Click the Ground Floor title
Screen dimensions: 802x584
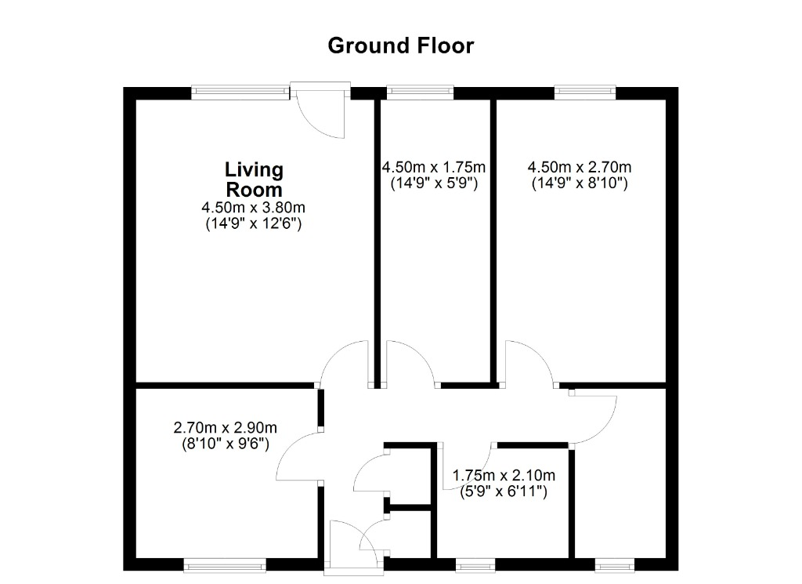pos(400,45)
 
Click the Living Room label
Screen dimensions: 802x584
pos(255,180)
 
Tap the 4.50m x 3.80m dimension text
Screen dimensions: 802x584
pos(253,207)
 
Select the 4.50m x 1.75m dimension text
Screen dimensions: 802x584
pos(434,167)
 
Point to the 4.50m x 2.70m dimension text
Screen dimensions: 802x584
pos(580,167)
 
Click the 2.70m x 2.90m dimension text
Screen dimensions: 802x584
pos(225,427)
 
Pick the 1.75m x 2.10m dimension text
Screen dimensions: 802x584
pos(504,476)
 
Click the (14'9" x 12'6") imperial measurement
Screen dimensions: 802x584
pos(254,223)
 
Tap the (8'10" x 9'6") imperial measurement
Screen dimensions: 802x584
pos(226,444)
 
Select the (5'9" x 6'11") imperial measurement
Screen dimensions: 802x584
pos(504,492)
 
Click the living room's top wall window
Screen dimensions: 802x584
pos(240,92)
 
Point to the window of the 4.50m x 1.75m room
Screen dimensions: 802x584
pos(420,92)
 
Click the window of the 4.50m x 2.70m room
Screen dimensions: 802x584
pos(585,92)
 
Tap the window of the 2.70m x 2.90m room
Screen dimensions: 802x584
pos(225,565)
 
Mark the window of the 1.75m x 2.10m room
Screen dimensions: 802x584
pos(475,565)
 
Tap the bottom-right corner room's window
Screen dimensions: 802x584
pos(615,565)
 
